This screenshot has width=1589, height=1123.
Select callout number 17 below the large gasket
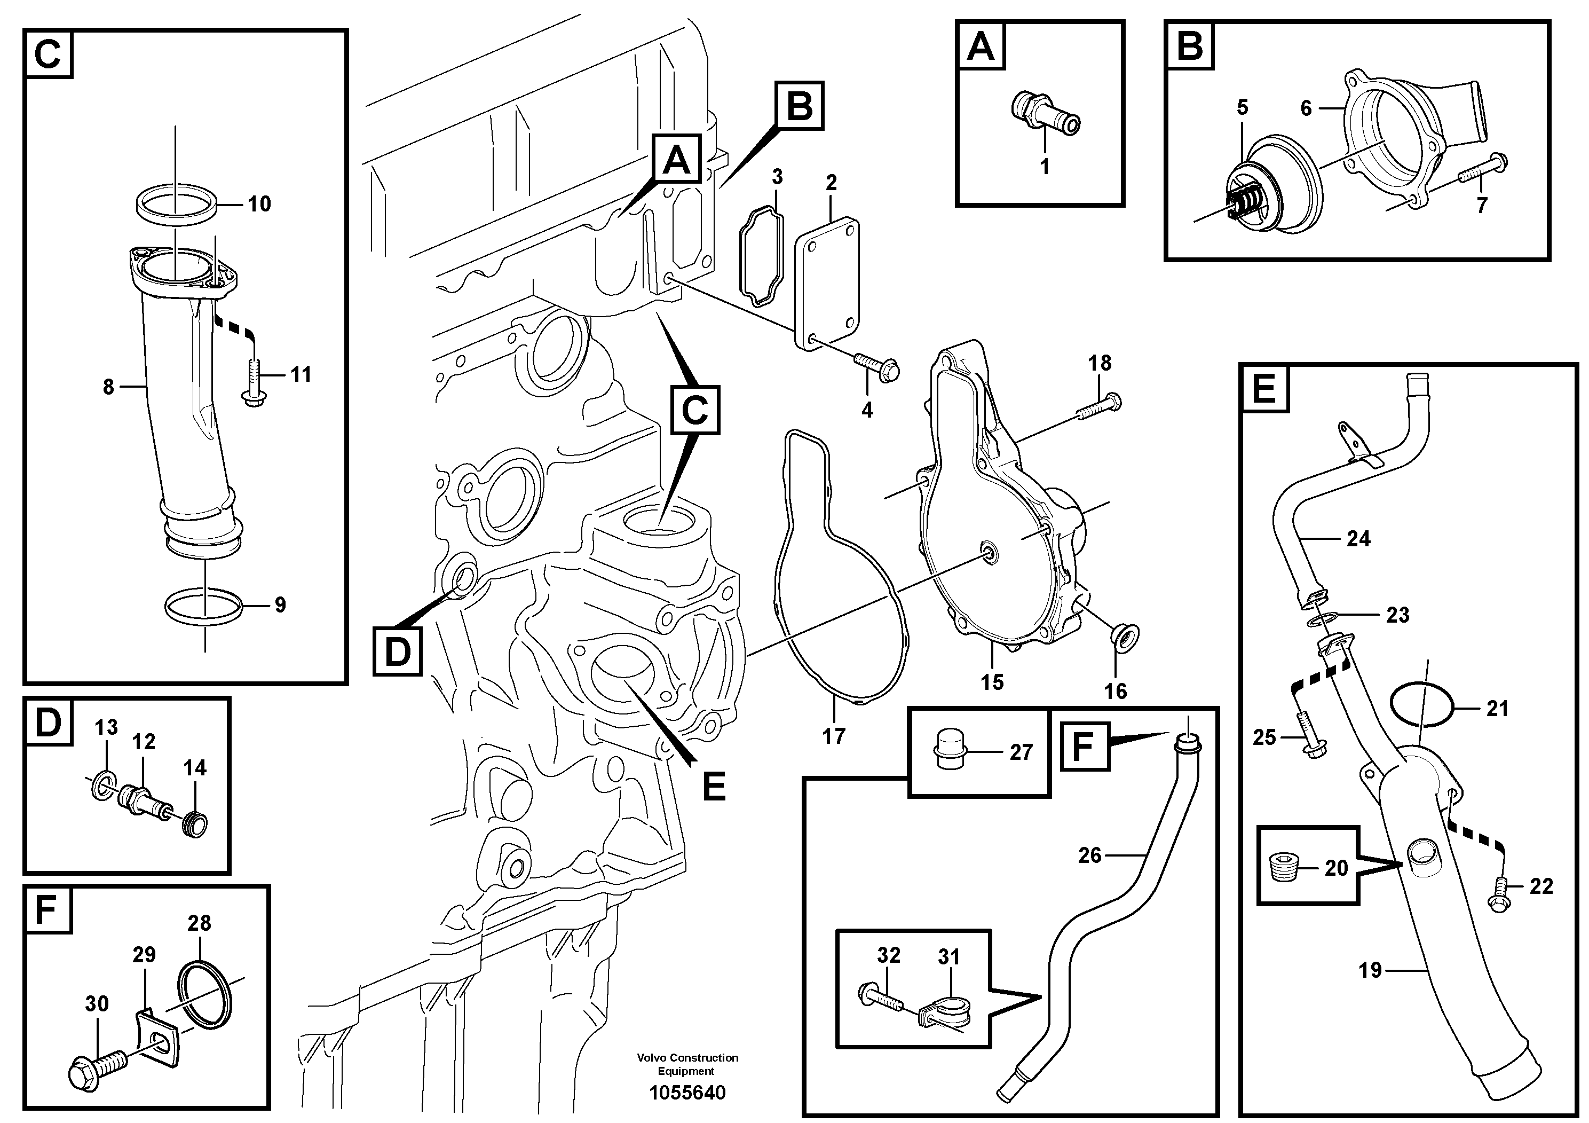click(833, 736)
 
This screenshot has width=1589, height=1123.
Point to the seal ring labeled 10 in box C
click(176, 204)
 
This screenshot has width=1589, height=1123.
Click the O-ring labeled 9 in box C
click(204, 606)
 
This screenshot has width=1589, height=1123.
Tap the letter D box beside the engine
click(397, 651)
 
